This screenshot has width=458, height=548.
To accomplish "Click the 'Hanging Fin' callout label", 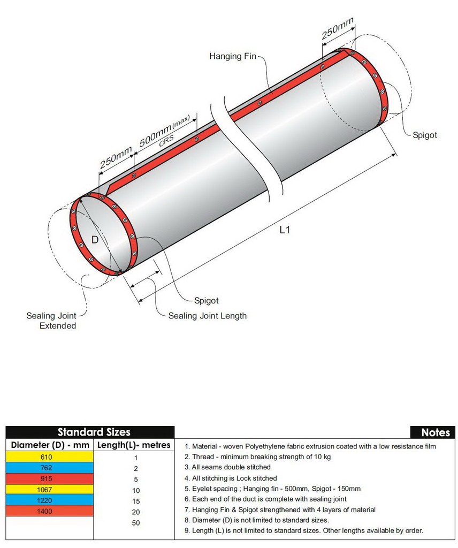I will (233, 56).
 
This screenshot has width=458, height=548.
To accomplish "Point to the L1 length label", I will (285, 230).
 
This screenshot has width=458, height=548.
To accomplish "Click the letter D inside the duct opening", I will (95, 240).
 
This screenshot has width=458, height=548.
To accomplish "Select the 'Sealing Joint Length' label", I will (208, 316).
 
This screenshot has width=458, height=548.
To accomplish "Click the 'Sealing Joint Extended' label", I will (51, 321).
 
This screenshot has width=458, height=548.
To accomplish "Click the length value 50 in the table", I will (135, 523).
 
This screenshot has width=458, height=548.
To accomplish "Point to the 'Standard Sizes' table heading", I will (94, 432).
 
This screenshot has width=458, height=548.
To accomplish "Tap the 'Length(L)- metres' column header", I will (134, 445).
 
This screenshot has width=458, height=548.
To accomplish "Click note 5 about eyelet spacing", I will (272, 489).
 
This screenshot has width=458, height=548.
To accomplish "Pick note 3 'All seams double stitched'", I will (227, 467).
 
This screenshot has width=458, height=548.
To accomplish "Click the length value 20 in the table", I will (135, 512).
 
